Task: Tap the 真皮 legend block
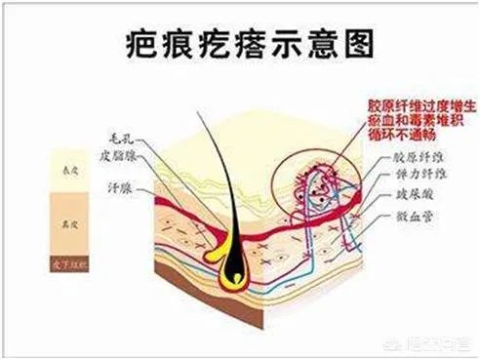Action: point(64,226)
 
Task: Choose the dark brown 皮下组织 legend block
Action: point(64,262)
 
